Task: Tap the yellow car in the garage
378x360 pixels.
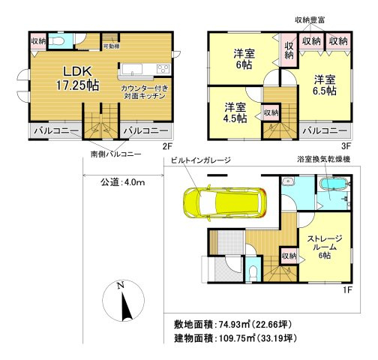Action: (x=221, y=201)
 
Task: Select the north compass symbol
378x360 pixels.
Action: (x=123, y=302)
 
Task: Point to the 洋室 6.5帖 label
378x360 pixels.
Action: (x=323, y=84)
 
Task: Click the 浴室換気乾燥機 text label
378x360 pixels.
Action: (x=331, y=160)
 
